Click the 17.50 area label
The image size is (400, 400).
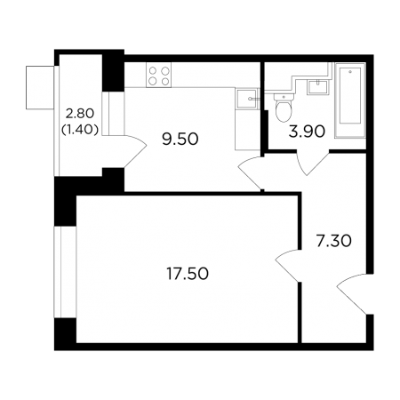pyautogui.click(x=188, y=274)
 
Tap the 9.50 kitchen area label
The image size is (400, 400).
pyautogui.click(x=180, y=139)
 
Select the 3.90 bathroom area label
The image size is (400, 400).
pyautogui.click(x=307, y=132)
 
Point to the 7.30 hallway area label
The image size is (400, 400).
pyautogui.click(x=333, y=241)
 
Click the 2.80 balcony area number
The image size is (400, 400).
pyautogui.click(x=80, y=113)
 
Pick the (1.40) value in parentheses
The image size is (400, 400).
pyautogui.click(x=80, y=129)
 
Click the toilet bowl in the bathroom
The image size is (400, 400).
pyautogui.click(x=284, y=108)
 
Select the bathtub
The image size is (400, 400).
pyautogui.click(x=350, y=100)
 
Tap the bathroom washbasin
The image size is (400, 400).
pyautogui.click(x=318, y=87)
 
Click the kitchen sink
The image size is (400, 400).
pyautogui.click(x=246, y=99)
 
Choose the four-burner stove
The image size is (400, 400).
pyautogui.click(x=158, y=76)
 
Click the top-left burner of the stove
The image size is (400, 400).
pyautogui.click(x=153, y=70)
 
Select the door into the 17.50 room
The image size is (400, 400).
pyautogui.click(x=287, y=265)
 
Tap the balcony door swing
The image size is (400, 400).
pyautogui.click(x=135, y=152)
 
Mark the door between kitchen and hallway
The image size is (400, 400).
pyautogui.click(x=251, y=172)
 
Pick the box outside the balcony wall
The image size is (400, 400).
pyautogui.click(x=40, y=87)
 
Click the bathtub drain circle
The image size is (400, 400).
pyautogui.click(x=350, y=72)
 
